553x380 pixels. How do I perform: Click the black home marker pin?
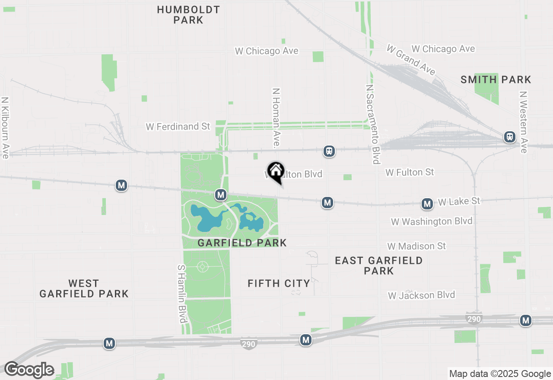point(276,171)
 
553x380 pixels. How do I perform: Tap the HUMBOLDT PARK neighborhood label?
point(188,15)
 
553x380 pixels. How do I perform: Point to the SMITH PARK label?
point(496,79)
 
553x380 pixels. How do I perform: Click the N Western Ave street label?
point(524,122)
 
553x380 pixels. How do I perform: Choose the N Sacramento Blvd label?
point(372,124)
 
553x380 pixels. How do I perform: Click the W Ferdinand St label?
point(178,127)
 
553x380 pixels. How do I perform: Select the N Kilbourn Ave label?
point(5,127)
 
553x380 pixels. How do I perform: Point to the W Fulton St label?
point(410,172)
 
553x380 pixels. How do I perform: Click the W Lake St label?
point(459,201)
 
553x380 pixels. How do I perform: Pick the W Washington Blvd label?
point(432,222)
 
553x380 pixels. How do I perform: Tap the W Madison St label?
point(416,246)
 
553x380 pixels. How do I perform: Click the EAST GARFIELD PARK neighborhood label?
point(379,266)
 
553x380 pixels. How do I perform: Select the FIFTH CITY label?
point(279,283)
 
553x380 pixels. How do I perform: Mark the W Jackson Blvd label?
point(421,295)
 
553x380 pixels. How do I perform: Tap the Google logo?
point(29,370)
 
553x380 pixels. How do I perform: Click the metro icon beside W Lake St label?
point(427,204)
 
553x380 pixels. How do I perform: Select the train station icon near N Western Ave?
point(510,137)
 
